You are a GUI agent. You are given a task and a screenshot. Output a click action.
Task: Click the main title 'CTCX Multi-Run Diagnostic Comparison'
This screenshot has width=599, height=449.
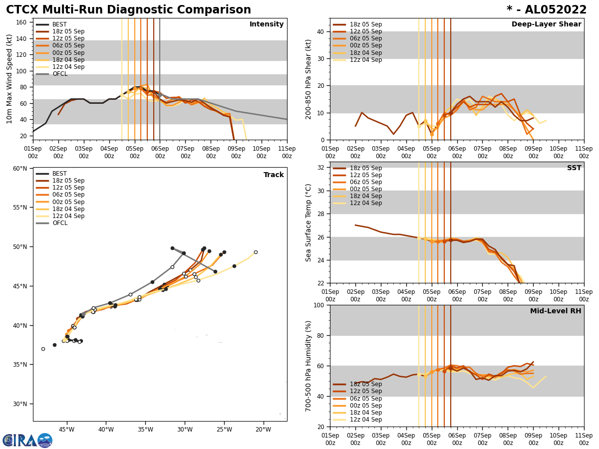128,10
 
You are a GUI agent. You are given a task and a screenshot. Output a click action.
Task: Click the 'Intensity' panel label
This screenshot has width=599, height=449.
267,24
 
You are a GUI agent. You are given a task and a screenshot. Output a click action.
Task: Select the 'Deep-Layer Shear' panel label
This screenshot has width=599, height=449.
546,24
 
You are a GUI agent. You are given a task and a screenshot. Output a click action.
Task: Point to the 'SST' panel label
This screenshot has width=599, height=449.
574,168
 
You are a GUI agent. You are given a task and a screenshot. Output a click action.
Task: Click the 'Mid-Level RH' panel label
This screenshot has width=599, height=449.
556,311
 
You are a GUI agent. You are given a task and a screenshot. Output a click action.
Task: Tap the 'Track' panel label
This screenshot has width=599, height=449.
274,175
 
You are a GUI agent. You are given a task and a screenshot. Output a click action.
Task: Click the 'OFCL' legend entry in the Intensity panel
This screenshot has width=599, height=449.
60,74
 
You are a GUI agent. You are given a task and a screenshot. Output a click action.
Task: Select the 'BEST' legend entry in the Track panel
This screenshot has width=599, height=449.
59,174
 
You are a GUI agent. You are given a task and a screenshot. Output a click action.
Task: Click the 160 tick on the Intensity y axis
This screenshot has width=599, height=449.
22,22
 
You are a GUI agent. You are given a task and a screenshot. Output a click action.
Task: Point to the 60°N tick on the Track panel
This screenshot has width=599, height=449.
19,169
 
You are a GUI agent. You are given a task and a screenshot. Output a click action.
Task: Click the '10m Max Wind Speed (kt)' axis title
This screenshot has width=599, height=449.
9,79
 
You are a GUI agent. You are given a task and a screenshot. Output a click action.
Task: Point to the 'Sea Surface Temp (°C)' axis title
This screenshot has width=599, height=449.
308,223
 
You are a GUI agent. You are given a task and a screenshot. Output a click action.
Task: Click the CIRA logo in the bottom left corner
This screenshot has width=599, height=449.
27,440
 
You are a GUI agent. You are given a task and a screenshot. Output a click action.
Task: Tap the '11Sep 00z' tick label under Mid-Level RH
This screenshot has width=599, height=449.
584,439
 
